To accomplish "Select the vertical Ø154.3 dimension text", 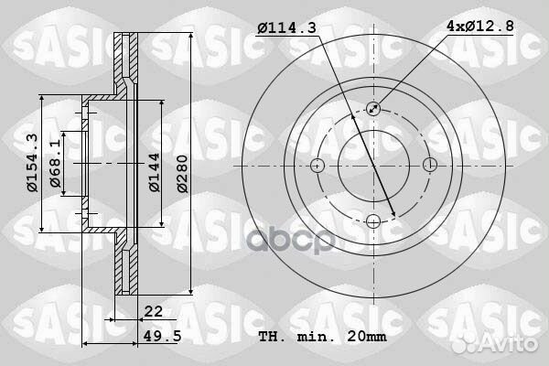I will (31, 164).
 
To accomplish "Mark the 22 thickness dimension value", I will (153, 312).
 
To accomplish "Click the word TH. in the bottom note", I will (273, 338).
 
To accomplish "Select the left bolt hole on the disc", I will (318, 166).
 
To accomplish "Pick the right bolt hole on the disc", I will (429, 166).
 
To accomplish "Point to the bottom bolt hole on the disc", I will (373, 221).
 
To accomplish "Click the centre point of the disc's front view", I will (373, 166).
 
